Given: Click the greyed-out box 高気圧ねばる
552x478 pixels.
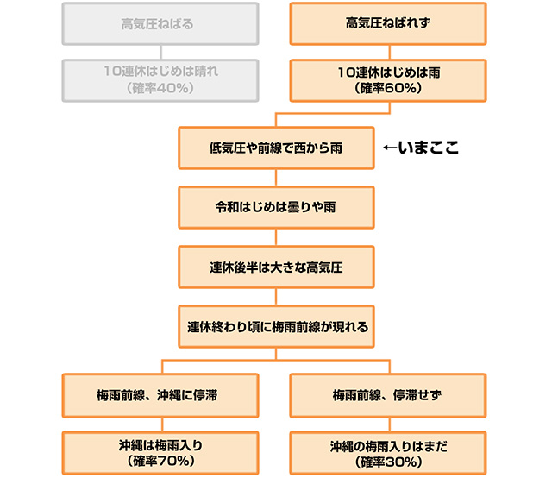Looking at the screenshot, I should (x=159, y=23).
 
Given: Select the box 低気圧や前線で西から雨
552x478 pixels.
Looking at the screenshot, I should (x=276, y=148).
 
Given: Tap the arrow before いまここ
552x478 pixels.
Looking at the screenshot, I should (x=389, y=148).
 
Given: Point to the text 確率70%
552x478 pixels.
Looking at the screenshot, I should (x=161, y=462).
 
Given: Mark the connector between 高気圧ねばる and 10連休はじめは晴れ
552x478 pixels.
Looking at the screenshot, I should (x=159, y=52).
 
